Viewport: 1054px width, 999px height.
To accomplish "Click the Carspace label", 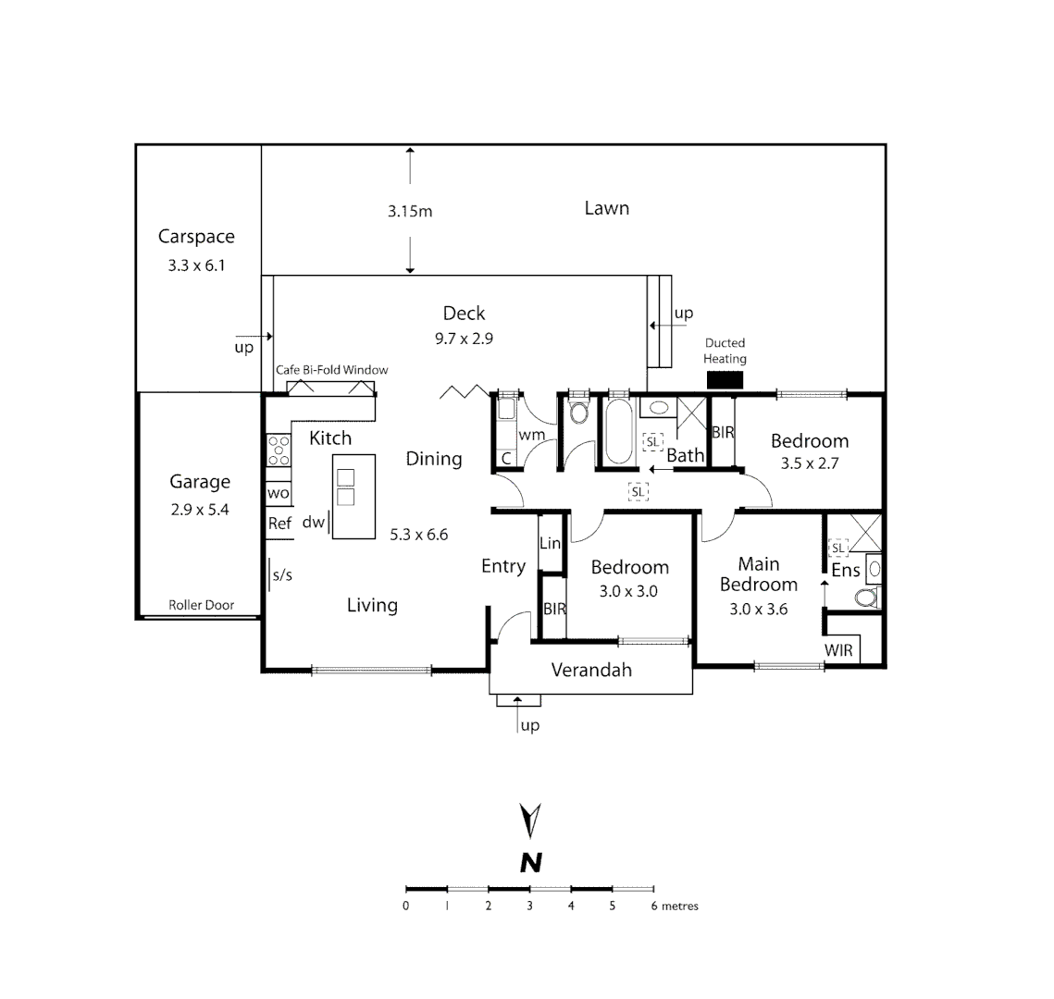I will (x=196, y=237).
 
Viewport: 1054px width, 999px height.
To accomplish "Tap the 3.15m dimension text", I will (x=410, y=211).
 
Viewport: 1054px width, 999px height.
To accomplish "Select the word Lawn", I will (x=606, y=208).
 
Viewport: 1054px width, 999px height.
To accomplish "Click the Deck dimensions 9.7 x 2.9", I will (x=464, y=339).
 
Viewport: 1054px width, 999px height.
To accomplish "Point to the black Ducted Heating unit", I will (x=725, y=380).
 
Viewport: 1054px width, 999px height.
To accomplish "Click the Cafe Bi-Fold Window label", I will (x=331, y=370).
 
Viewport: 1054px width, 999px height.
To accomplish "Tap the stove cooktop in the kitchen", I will (x=279, y=450).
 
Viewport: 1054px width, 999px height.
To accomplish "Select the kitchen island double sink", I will (x=345, y=487).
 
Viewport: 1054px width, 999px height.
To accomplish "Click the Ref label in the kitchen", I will (x=279, y=524).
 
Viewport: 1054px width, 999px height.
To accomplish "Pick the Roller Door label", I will (x=201, y=605).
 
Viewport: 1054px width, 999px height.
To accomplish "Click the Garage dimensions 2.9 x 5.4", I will (x=200, y=509).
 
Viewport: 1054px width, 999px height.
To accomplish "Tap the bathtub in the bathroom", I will (x=618, y=432).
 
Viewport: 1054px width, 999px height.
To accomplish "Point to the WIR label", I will (x=838, y=650).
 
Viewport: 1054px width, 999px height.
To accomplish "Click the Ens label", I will (x=845, y=571).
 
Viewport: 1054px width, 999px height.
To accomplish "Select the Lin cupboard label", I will (x=550, y=543).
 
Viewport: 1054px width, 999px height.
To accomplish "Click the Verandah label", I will (x=591, y=670).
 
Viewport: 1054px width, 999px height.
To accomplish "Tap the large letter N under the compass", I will (x=530, y=863).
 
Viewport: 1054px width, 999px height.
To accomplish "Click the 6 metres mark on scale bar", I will (x=654, y=906).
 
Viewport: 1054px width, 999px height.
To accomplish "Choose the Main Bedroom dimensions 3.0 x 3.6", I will (x=758, y=609).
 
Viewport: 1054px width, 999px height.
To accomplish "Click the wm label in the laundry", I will (x=531, y=435).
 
